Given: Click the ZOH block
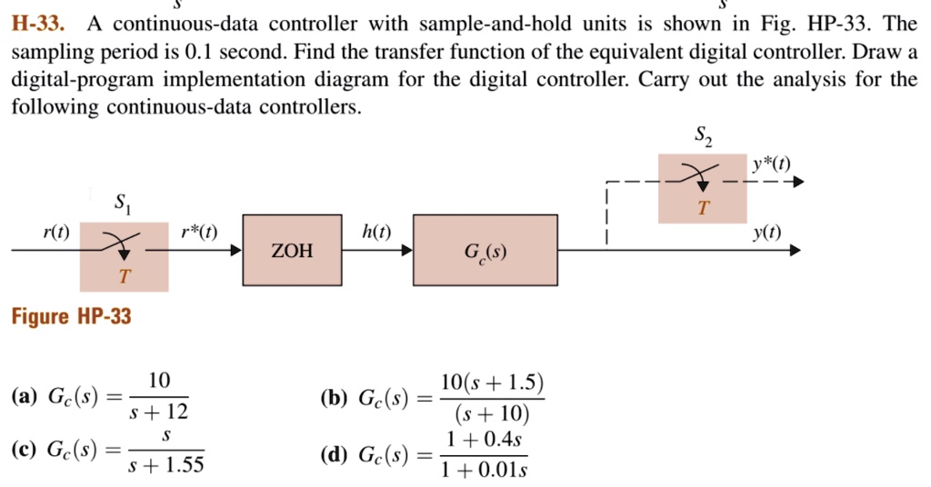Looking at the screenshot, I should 292,251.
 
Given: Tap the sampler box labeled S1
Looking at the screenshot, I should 124,256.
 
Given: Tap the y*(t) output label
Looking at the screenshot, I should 771,164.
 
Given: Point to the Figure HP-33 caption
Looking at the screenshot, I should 71,316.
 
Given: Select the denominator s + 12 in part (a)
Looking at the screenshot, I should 159,414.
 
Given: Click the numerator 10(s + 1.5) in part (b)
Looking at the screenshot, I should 490,382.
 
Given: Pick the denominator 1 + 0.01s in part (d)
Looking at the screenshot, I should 484,470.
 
